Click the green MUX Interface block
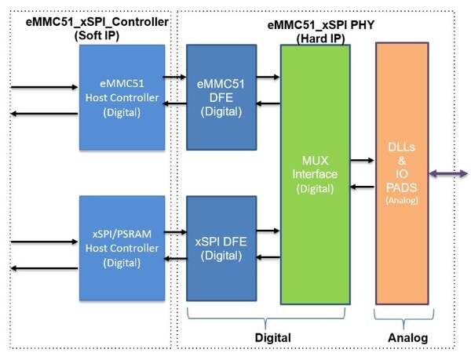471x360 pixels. coord(315,173)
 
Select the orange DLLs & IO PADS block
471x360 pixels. coord(402,173)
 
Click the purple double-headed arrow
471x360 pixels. coord(449,173)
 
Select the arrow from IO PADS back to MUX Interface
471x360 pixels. coord(361,187)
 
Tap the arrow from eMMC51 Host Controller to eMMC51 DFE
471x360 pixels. coord(175,77)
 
